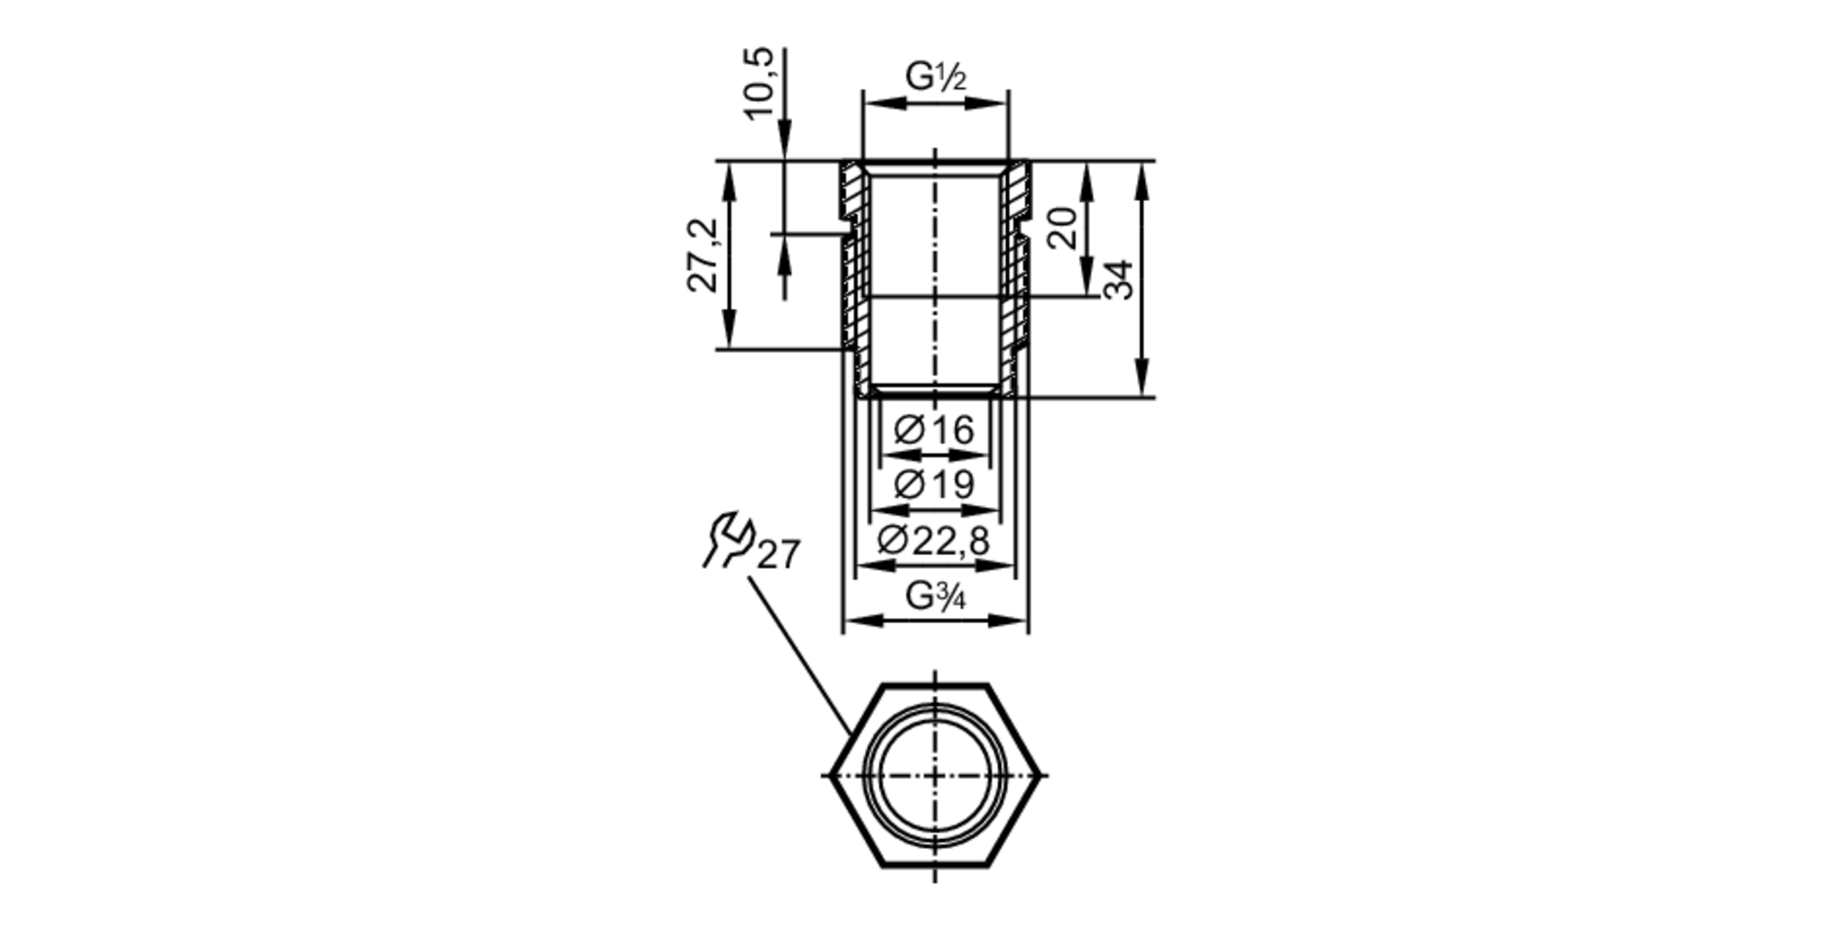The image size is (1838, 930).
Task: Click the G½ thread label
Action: click(x=936, y=77)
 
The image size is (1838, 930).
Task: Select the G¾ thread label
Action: click(x=936, y=596)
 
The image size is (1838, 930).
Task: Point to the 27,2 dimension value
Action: click(x=705, y=256)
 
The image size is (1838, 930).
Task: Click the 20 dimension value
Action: click(x=1061, y=228)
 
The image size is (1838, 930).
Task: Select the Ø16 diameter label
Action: click(x=934, y=430)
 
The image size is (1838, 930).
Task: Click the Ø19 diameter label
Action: click(x=934, y=483)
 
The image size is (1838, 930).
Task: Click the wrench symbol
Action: click(x=728, y=539)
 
